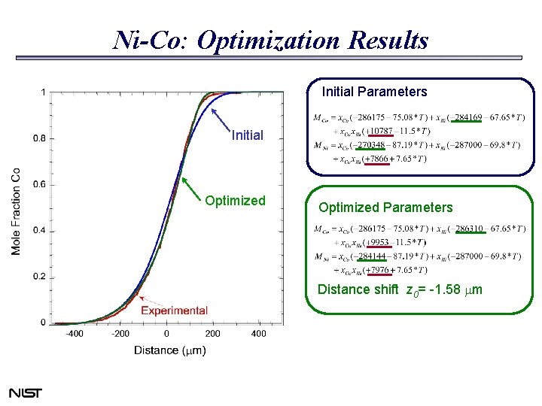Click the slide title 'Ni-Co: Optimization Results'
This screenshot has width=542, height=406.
tap(270, 40)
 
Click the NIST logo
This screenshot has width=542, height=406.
tap(25, 393)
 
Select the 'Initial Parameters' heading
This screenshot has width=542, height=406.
tap(374, 92)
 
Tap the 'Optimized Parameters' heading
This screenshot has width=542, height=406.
tap(385, 208)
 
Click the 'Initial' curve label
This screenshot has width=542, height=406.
tap(248, 136)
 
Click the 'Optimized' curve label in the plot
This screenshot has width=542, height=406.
tap(236, 201)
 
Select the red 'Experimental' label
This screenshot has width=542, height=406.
tap(174, 311)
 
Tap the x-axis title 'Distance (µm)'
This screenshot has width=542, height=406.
tap(169, 350)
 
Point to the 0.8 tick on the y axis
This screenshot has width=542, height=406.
tap(37, 138)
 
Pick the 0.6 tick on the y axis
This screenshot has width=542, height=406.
tap(37, 184)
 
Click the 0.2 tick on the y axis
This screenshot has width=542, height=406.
tap(37, 277)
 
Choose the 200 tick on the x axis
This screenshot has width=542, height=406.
tap(212, 333)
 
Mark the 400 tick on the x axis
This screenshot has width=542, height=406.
tap(258, 333)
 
